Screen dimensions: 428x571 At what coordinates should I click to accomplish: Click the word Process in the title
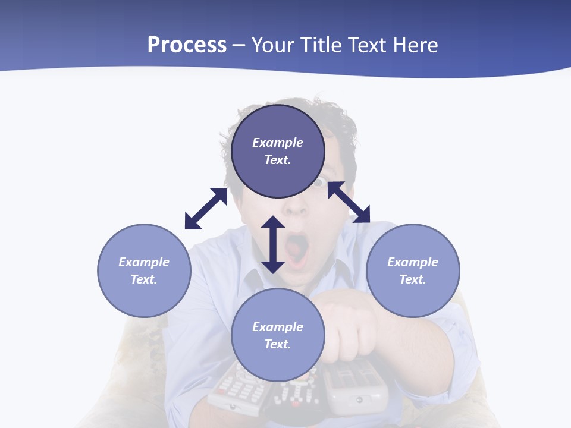click(187, 45)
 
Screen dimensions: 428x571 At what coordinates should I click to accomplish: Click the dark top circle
click(278, 152)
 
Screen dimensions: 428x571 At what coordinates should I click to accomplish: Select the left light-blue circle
click(144, 270)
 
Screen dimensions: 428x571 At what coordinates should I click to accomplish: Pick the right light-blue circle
click(413, 270)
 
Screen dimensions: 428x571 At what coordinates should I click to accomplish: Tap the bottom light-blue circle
click(278, 335)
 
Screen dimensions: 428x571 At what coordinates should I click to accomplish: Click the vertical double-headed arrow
click(273, 244)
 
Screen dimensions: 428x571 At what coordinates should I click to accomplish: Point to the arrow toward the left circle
click(206, 209)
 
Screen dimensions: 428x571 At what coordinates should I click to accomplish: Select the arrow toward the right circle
click(349, 202)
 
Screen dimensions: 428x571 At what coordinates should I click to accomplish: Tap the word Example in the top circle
click(278, 143)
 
